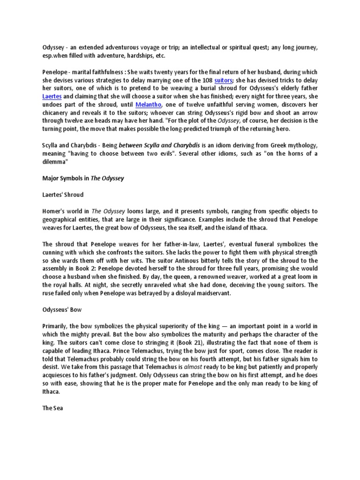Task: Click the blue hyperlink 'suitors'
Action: coord(223,81)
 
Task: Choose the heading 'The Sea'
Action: coord(52,408)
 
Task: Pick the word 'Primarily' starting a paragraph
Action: coord(57,326)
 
